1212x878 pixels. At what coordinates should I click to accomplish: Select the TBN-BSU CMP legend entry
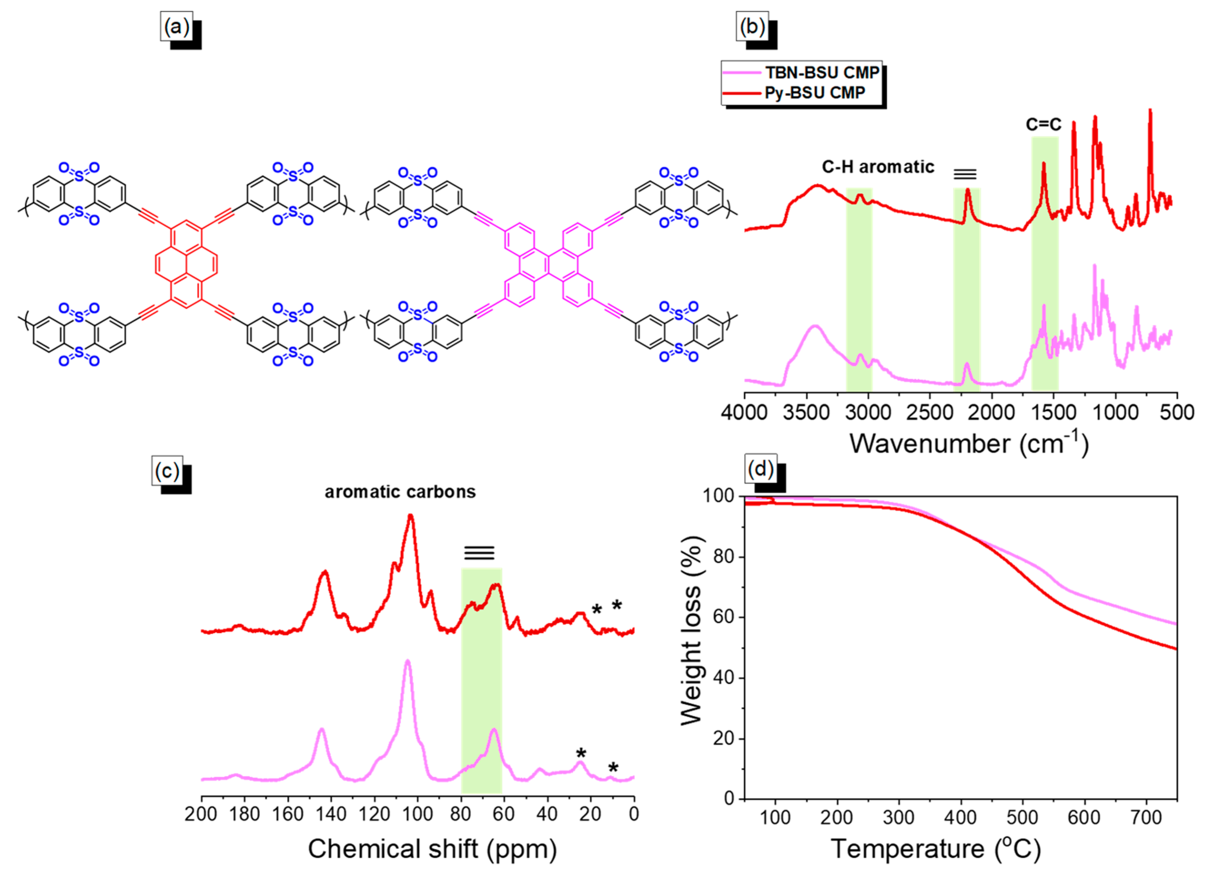tap(822, 72)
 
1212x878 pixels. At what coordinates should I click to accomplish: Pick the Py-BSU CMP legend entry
tap(814, 93)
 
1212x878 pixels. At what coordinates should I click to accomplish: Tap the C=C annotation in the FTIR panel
tap(1043, 125)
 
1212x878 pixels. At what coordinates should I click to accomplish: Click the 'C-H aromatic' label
tap(878, 167)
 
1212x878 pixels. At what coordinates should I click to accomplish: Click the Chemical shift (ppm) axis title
tap(432, 849)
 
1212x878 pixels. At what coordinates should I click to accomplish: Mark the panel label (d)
tap(760, 469)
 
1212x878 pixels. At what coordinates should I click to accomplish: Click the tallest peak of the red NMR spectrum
tap(411, 516)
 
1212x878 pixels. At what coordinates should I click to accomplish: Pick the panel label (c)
tap(167, 471)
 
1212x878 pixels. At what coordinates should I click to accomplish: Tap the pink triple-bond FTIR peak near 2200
tap(967, 365)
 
